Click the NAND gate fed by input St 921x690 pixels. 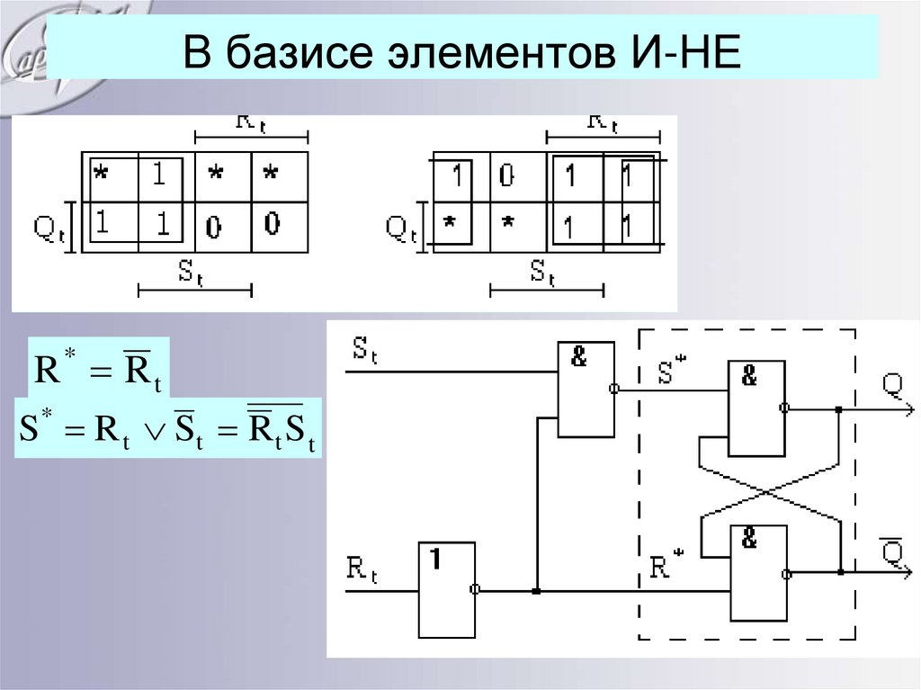tap(586, 389)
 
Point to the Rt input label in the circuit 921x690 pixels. tap(362, 570)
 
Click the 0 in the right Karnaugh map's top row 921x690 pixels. tap(506, 177)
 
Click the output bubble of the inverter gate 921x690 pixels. tap(476, 590)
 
